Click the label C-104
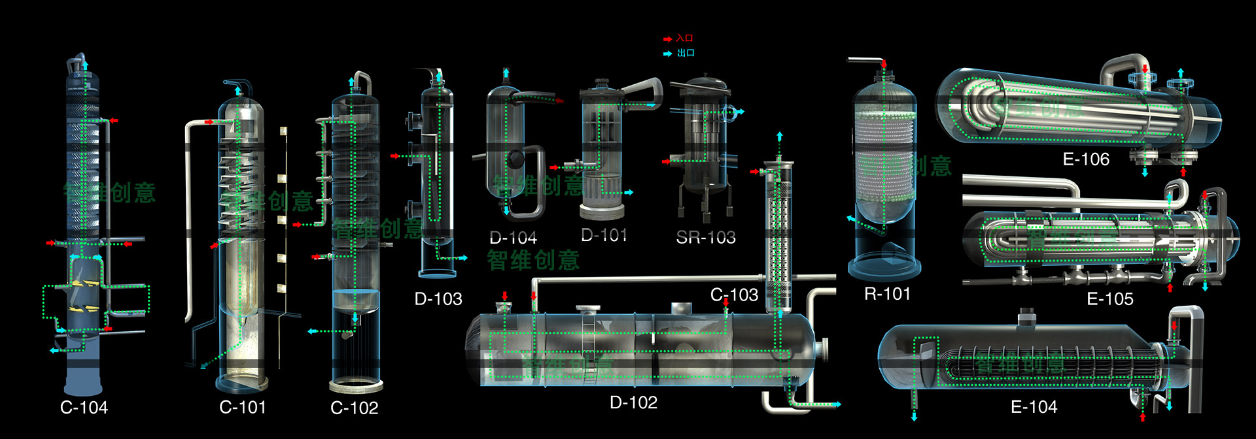pos(84,408)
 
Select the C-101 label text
pos(243,408)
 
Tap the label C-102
pos(354,408)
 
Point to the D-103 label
pos(438,299)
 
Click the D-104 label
pos(513,238)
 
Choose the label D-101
pos(604,235)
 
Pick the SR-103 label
pos(705,237)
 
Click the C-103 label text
pos(734,295)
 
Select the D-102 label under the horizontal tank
pos(633,402)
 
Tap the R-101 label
pos(887,294)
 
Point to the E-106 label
pos(1086,159)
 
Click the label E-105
pos(1109,299)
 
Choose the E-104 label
pos(1034,407)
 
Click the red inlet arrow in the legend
pos(668,39)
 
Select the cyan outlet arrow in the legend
pos(668,54)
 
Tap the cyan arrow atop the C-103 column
pos(779,136)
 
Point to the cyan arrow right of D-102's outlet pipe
pos(836,404)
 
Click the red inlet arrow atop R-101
pos(884,64)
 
